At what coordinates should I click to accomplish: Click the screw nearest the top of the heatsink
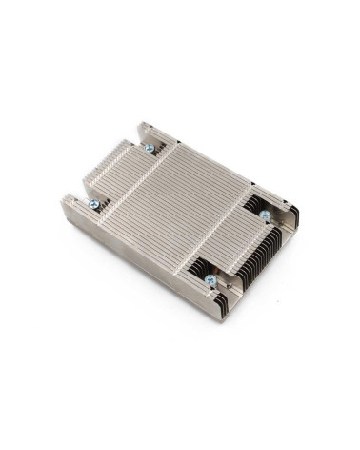tap(150, 148)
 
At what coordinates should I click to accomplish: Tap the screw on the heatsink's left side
tap(93, 203)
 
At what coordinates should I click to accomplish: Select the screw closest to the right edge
tap(265, 215)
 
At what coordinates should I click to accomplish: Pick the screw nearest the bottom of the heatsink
tap(210, 279)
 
